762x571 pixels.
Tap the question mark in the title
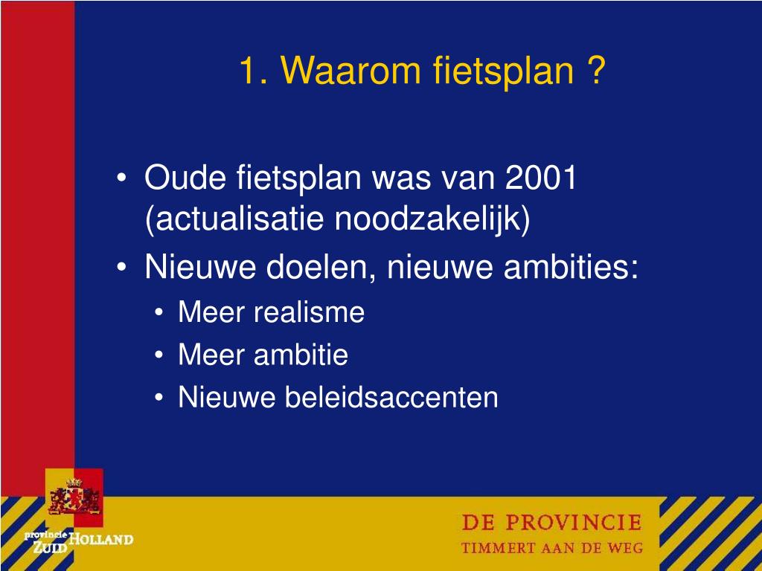[595, 71]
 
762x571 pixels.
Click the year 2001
[541, 178]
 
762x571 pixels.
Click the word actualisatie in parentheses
[237, 220]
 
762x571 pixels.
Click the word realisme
[309, 312]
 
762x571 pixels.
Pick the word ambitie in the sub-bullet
[301, 355]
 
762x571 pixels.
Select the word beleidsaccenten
[391, 397]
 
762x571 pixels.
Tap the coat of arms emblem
[74, 497]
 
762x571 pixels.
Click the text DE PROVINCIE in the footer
[551, 523]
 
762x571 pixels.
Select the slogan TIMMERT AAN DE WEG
[551, 549]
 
